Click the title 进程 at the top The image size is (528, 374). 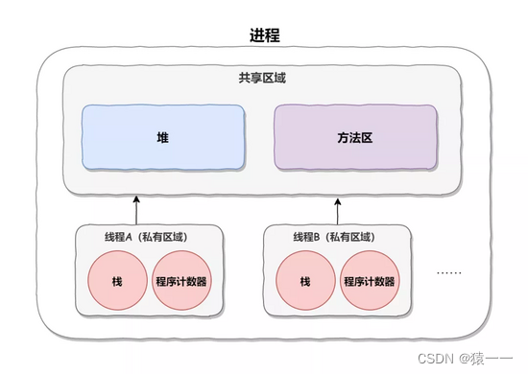click(264, 35)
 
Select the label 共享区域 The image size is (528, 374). click(263, 78)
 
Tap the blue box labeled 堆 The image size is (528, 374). click(164, 137)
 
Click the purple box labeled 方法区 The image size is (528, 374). click(355, 137)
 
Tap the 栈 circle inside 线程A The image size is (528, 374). click(116, 282)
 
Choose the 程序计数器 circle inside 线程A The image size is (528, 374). click(180, 282)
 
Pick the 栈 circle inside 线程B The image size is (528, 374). click(305, 282)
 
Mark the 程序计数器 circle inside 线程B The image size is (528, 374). click(369, 282)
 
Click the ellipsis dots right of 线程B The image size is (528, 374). click(448, 272)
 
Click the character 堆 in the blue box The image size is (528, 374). click(164, 137)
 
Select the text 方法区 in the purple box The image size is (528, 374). click(355, 137)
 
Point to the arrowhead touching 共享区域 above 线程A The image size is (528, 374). click(136, 196)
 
